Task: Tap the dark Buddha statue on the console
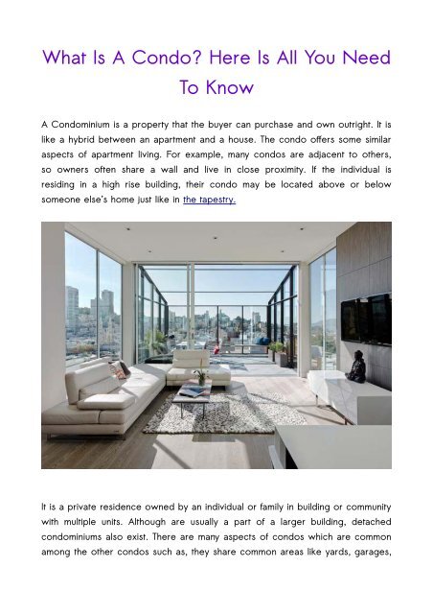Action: [355, 366]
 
